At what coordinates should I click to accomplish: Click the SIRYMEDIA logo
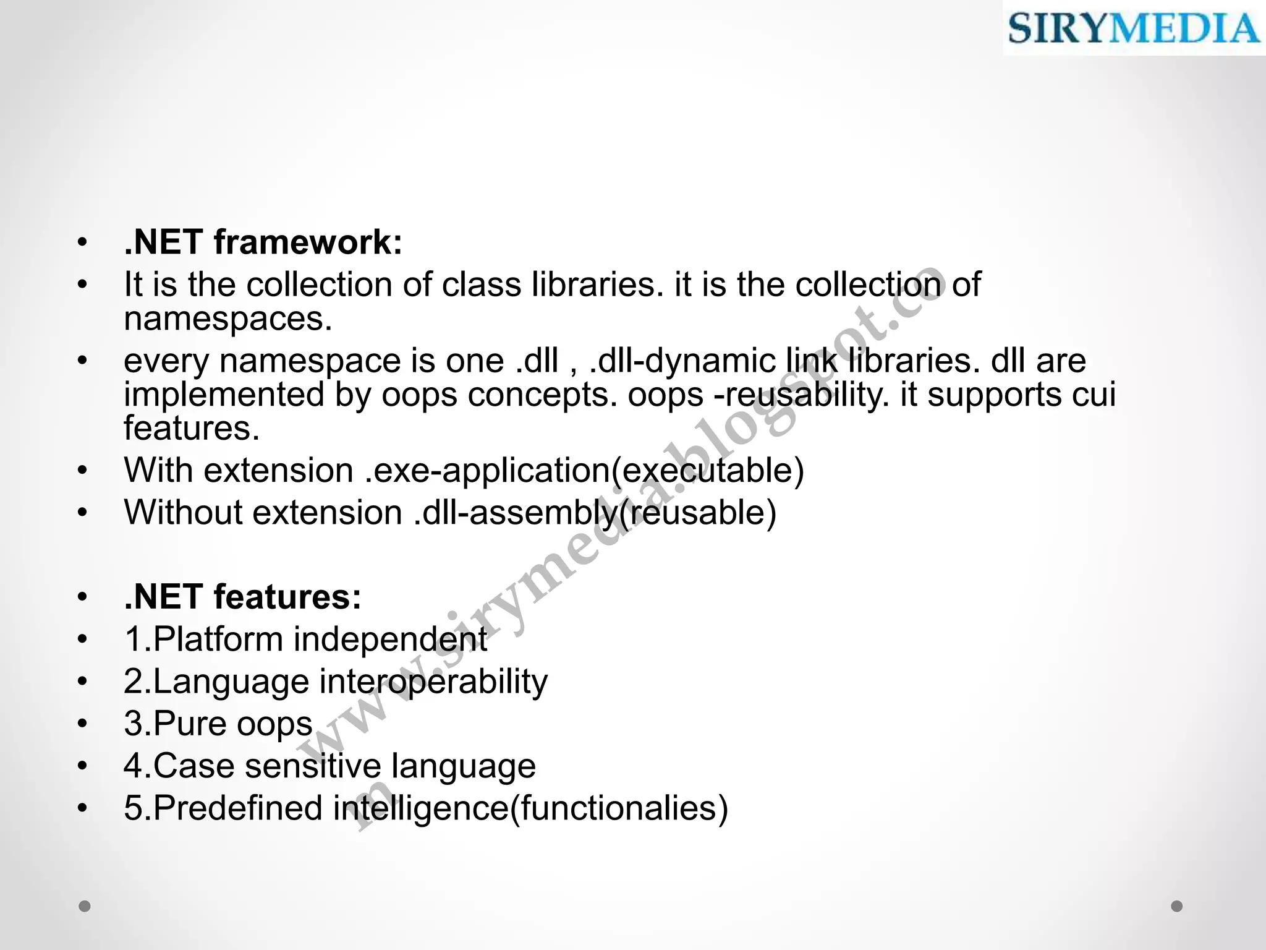tap(1134, 28)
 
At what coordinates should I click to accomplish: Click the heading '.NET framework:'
tap(263, 242)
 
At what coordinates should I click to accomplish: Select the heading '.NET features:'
tap(242, 597)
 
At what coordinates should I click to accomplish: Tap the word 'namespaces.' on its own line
tap(228, 320)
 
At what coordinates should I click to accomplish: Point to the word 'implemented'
tap(224, 395)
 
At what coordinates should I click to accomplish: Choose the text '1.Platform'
tap(203, 640)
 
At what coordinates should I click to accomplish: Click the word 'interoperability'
tap(433, 682)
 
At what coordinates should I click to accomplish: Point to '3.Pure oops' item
tap(218, 724)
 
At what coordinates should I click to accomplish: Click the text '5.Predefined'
tap(223, 808)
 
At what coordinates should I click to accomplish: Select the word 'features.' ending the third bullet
tap(192, 429)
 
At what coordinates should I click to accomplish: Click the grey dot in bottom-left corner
tap(85, 906)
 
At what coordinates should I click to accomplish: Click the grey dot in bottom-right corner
tap(1177, 906)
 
